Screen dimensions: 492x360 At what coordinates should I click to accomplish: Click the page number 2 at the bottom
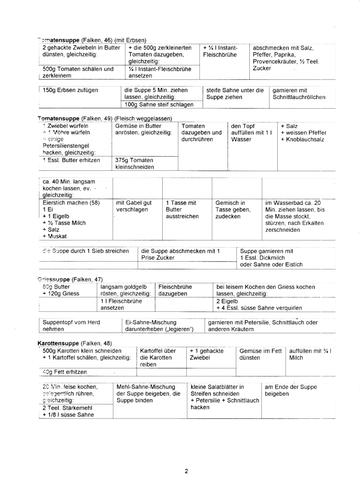186,471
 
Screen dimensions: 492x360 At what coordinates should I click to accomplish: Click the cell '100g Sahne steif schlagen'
159,104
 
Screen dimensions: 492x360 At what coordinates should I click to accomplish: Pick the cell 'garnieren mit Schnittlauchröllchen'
299,93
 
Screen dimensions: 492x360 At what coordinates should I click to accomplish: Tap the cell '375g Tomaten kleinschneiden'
135,164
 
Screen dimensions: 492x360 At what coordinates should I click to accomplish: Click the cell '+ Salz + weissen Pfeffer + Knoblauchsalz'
303,133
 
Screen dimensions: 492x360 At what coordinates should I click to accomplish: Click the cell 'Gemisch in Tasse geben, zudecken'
233,210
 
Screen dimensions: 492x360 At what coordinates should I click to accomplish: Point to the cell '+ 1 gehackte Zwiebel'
206,354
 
